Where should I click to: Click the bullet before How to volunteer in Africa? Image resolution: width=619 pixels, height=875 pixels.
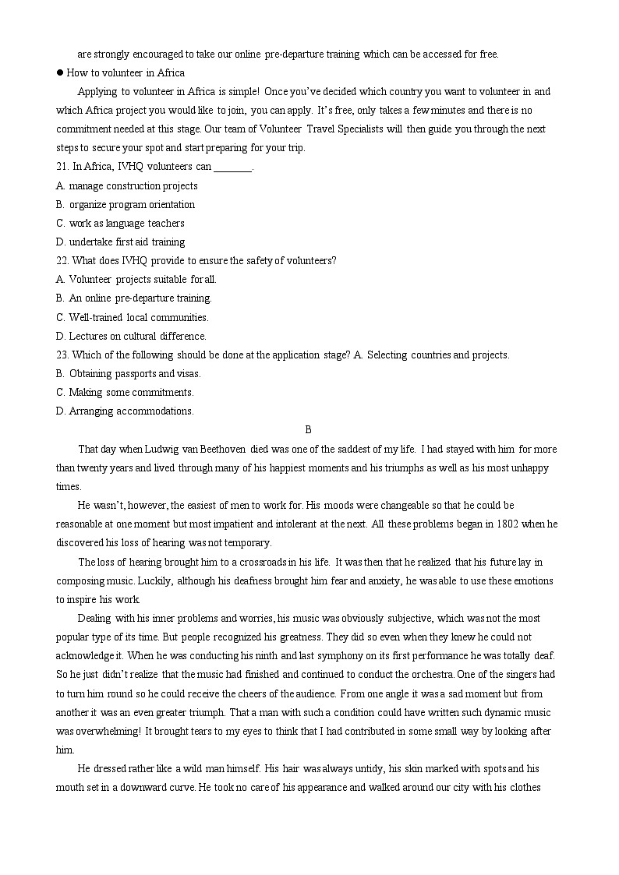59,73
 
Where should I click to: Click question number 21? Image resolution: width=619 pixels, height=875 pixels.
63,167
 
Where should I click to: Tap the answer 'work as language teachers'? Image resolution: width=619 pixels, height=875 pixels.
126,224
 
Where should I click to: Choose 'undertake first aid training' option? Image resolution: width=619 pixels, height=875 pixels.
126,242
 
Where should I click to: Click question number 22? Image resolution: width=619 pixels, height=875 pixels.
63,261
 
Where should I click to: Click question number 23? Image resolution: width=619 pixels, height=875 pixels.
63,355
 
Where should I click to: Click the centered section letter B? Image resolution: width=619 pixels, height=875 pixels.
309,430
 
